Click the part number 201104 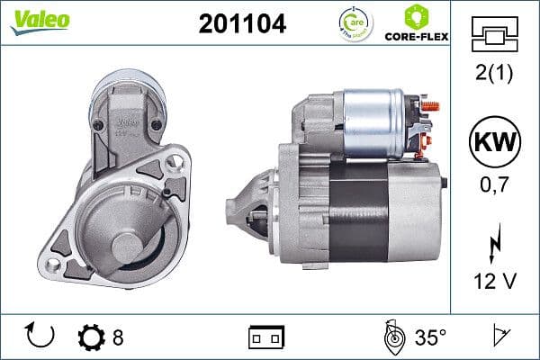coord(241,24)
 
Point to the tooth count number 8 coord(118,337)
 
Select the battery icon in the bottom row coord(266,337)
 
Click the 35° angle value coord(430,337)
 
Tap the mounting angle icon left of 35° coord(392,337)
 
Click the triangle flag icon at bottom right coord(500,337)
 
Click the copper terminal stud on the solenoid coord(431,107)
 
